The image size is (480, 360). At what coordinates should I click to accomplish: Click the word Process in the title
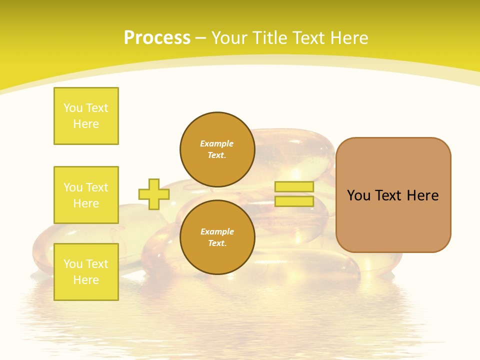pyautogui.click(x=157, y=38)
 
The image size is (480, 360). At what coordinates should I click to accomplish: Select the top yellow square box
pyautogui.click(x=86, y=116)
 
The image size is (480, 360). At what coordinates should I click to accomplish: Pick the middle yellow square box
pyautogui.click(x=86, y=195)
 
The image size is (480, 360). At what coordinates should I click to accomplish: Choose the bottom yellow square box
pyautogui.click(x=86, y=272)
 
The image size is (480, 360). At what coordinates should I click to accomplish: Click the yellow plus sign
pyautogui.click(x=154, y=194)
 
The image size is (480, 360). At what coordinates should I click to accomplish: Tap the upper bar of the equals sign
pyautogui.click(x=294, y=187)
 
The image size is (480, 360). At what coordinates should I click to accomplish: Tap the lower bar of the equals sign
pyautogui.click(x=294, y=201)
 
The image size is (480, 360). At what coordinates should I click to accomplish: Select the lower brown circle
pyautogui.click(x=217, y=237)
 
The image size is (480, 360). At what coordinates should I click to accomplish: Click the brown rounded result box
pyautogui.click(x=393, y=195)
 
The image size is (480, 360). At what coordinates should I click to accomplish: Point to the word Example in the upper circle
pyautogui.click(x=217, y=143)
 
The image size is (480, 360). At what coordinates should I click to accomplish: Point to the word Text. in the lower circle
pyautogui.click(x=217, y=243)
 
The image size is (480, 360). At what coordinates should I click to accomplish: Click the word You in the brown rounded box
pyautogui.click(x=358, y=195)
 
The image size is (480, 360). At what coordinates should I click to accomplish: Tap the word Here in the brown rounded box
pyautogui.click(x=422, y=195)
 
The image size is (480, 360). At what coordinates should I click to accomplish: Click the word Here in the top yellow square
pyautogui.click(x=86, y=124)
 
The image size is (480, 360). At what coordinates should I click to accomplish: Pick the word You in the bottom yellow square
pyautogui.click(x=73, y=264)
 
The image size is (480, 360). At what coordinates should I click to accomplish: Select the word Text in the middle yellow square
pyautogui.click(x=97, y=187)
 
